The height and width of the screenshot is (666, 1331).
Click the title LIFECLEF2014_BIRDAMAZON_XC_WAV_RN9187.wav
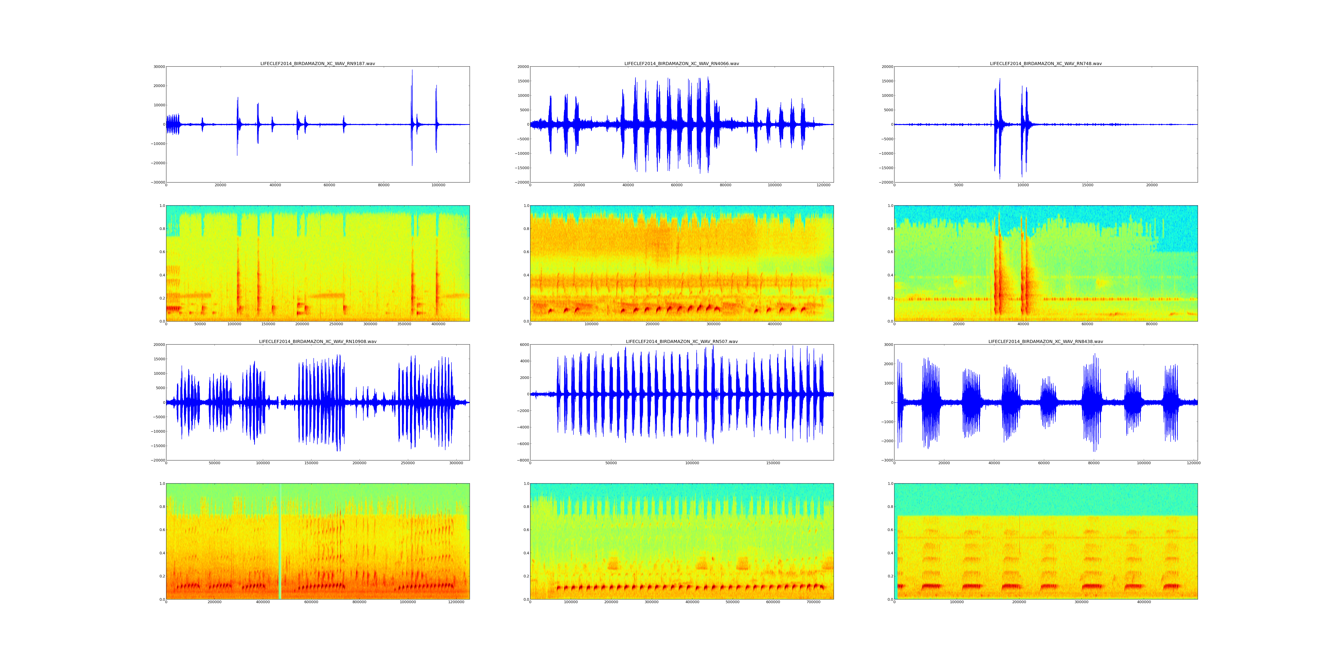[x=317, y=63]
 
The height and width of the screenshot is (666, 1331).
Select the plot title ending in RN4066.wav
[x=681, y=63]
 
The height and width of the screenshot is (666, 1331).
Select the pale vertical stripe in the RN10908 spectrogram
[x=280, y=541]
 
